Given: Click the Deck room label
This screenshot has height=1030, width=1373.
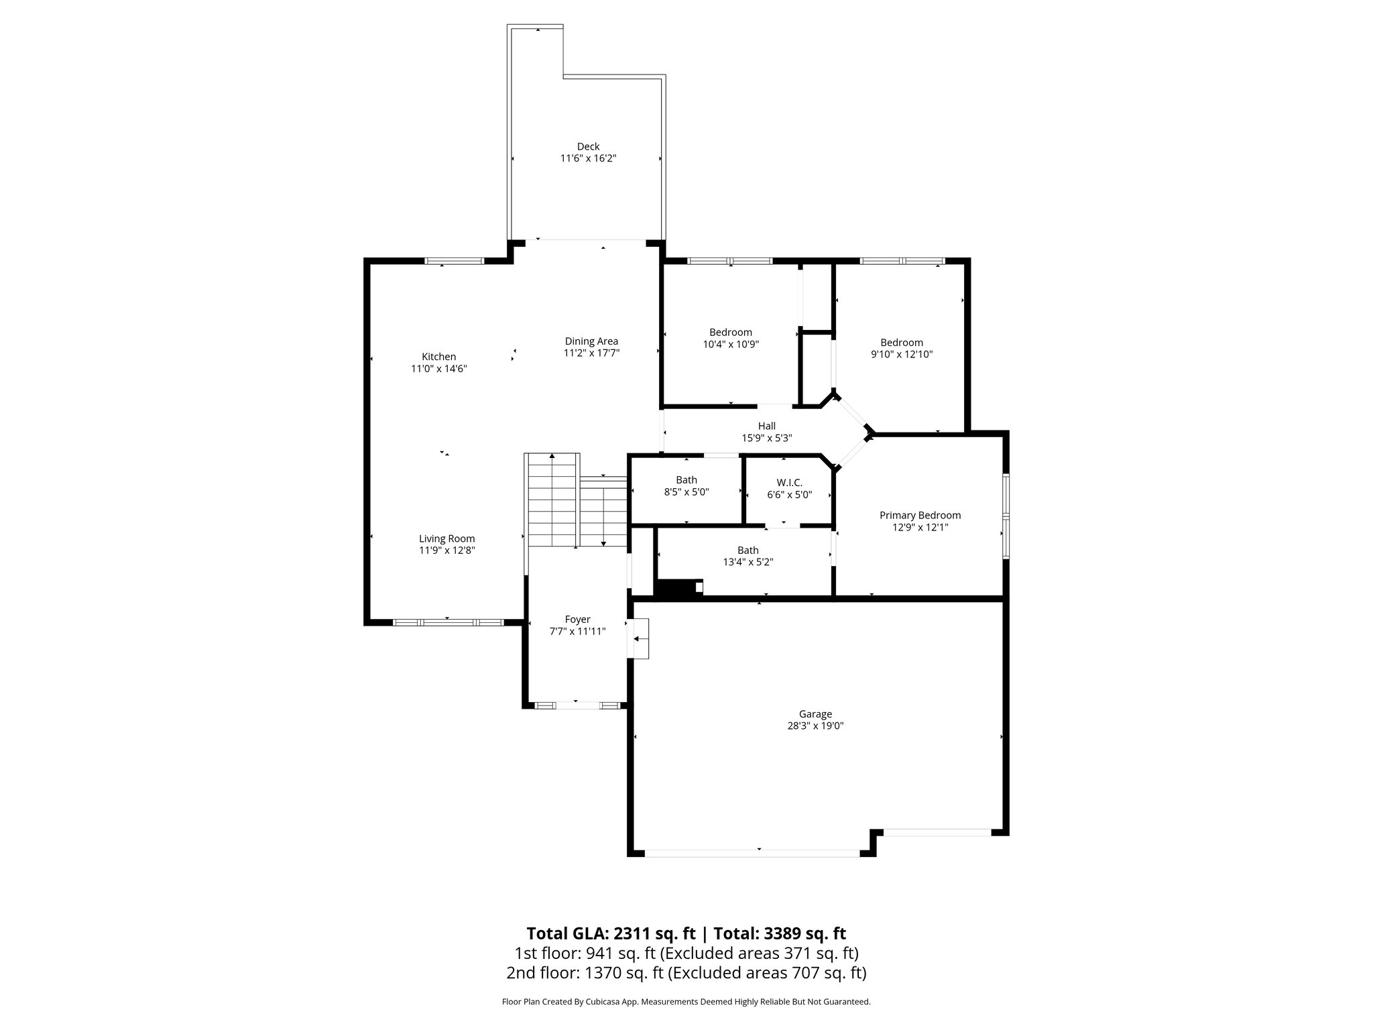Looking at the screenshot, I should coord(588,146).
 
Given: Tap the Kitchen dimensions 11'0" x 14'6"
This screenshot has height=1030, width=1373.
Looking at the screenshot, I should coord(438,369).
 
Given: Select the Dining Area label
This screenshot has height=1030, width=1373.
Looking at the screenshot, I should coord(591,341).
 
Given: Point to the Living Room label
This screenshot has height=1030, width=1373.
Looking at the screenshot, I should coord(446,538).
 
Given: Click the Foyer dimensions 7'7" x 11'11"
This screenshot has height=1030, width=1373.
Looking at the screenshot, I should coord(577,631).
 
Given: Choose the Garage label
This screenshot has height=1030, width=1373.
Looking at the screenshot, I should coord(815,714).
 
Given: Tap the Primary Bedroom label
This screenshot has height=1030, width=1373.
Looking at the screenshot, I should coord(920,515).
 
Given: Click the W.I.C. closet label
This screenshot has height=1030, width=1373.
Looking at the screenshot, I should coord(789,483).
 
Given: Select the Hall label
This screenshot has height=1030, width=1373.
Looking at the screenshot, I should coord(766,426).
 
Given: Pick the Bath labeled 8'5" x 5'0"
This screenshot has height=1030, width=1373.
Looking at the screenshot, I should coord(686,485).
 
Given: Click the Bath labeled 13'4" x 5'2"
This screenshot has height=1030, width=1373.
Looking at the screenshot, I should coord(748,556).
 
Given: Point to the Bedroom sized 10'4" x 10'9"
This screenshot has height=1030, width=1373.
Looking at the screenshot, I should coord(730,338).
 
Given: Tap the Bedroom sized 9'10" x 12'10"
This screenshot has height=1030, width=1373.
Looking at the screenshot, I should coord(901,348).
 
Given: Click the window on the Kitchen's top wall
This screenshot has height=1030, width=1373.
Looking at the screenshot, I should coord(454,261).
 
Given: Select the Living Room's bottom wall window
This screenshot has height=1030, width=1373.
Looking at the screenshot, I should coord(447,622).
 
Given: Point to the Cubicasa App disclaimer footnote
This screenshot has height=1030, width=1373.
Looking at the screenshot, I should coord(686,1002).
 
